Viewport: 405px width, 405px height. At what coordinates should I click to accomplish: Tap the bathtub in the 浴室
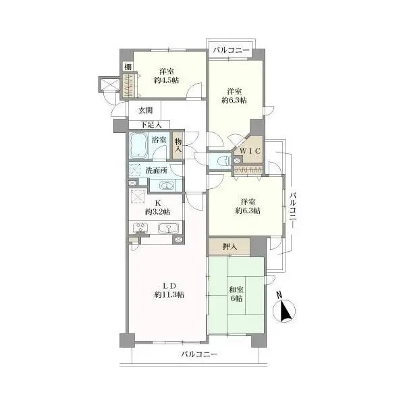pyautogui.click(x=138, y=146)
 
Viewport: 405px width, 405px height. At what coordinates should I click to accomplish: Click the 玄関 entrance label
pyautogui.click(x=145, y=111)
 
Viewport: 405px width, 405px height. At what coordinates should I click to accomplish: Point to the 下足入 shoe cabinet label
pyautogui.click(x=151, y=125)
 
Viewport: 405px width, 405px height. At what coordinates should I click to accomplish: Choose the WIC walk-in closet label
pyautogui.click(x=250, y=151)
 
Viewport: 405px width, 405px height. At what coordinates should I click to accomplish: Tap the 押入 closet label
pyautogui.click(x=230, y=247)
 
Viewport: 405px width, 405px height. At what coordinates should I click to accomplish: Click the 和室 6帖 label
pyautogui.click(x=236, y=294)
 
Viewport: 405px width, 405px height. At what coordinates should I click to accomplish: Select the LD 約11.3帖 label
pyautogui.click(x=169, y=290)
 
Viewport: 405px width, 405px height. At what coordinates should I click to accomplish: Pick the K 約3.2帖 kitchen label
pyautogui.click(x=157, y=207)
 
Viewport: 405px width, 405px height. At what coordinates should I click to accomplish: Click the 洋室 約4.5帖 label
pyautogui.click(x=166, y=76)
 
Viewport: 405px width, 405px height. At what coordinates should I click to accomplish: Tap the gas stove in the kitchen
pyautogui.click(x=141, y=228)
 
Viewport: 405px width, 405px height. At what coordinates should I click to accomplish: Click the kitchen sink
pyautogui.click(x=168, y=228)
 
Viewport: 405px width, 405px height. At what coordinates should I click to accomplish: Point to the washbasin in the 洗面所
pyautogui.click(x=167, y=186)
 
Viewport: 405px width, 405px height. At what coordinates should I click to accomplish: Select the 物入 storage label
pyautogui.click(x=178, y=145)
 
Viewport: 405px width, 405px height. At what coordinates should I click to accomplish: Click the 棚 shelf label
pyautogui.click(x=128, y=67)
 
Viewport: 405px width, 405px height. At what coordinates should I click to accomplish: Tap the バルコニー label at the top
pyautogui.click(x=231, y=51)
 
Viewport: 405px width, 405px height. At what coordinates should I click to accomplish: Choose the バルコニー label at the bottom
pyautogui.click(x=199, y=354)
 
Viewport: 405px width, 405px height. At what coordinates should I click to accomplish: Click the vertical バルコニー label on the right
pyautogui.click(x=293, y=210)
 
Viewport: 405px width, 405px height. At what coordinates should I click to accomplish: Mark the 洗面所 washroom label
pyautogui.click(x=157, y=171)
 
